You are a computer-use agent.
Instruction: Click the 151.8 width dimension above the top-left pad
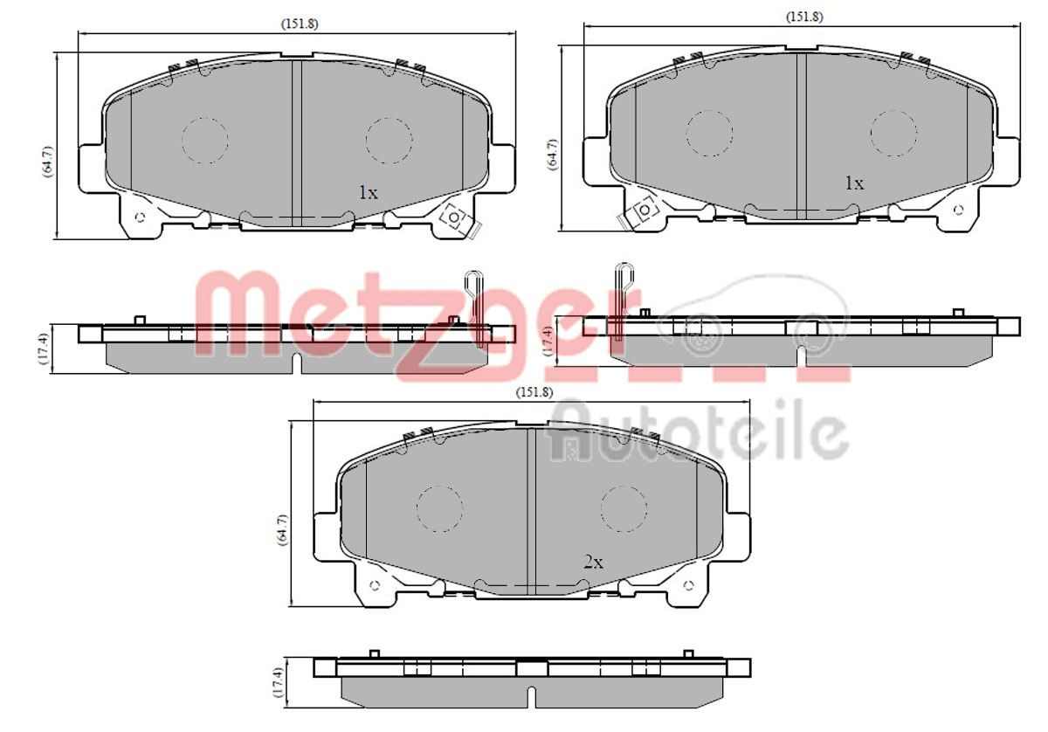(300, 24)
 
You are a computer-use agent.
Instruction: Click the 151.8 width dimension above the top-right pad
(803, 17)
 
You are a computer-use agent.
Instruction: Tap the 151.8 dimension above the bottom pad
(534, 392)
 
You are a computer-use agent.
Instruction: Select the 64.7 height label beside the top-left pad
(49, 162)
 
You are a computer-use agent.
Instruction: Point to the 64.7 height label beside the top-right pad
(553, 155)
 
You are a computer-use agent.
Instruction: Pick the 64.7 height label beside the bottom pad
(283, 530)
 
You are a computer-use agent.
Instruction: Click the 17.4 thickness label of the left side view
(44, 349)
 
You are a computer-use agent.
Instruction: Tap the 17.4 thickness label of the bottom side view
(279, 682)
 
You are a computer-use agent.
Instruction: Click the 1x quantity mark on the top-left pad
(369, 192)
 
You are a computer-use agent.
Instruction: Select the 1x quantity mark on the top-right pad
(854, 183)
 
